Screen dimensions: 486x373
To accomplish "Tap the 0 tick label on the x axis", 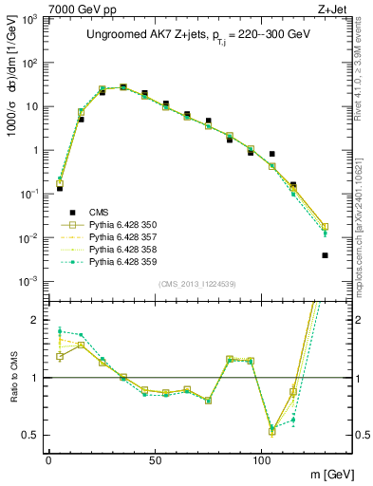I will coord(48,459).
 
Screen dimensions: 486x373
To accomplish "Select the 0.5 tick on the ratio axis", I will coord(32,435).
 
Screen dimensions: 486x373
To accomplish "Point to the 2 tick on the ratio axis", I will coord(36,320).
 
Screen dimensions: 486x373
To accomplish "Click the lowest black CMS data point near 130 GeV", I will coord(325,255).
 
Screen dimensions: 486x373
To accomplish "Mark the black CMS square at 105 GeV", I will coord(271,154).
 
